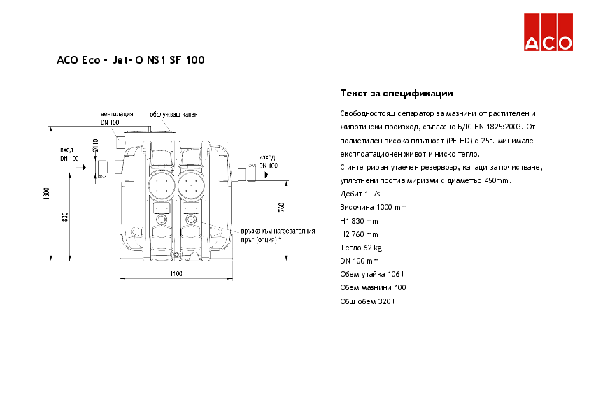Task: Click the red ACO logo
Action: (x=549, y=34)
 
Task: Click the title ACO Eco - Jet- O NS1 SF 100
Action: (x=130, y=61)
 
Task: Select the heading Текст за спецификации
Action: (x=396, y=93)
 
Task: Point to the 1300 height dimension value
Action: (x=45, y=194)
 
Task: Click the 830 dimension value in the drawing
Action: (x=65, y=217)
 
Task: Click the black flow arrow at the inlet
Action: (x=84, y=168)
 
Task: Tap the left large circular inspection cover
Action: (x=163, y=183)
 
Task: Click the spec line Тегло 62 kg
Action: (x=360, y=248)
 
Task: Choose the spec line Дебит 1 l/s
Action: (x=360, y=194)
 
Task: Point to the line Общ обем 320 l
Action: (x=367, y=301)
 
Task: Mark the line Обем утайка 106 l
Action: (x=372, y=274)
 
